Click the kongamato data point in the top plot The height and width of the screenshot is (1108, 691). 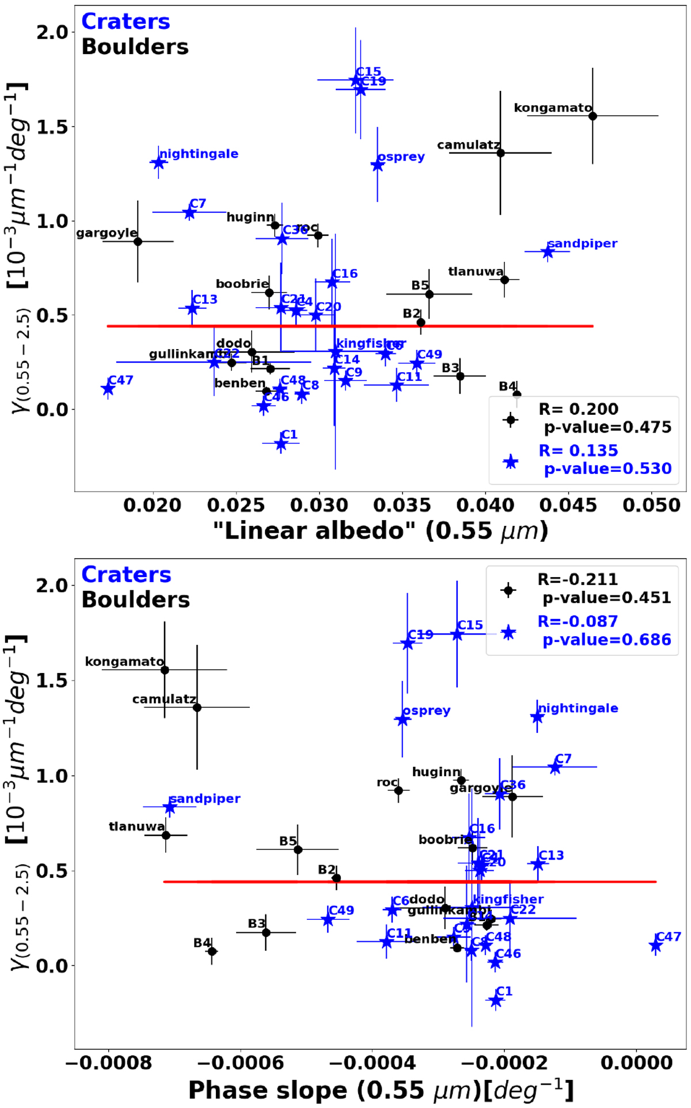point(593,116)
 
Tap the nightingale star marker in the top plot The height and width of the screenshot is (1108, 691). point(158,163)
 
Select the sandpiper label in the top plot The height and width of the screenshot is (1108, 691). point(582,243)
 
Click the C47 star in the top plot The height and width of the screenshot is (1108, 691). point(108,389)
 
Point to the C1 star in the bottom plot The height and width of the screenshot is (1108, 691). point(495,1000)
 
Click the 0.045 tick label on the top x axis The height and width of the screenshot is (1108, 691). point(569,505)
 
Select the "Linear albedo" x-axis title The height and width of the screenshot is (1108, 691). point(380,530)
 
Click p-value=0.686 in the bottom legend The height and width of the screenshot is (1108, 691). point(607,640)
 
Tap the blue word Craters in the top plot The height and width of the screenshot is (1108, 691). point(126,21)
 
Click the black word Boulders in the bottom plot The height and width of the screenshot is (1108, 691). point(135,599)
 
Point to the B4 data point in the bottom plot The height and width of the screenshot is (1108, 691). point(212,952)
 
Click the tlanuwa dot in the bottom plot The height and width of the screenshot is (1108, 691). point(166,835)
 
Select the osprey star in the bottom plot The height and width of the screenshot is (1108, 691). point(402,720)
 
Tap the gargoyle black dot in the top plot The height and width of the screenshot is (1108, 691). point(138,242)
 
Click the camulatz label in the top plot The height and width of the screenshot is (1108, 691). point(468,145)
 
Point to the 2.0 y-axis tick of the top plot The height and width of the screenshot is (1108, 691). point(52,32)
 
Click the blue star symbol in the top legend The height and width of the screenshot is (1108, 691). point(510,461)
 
